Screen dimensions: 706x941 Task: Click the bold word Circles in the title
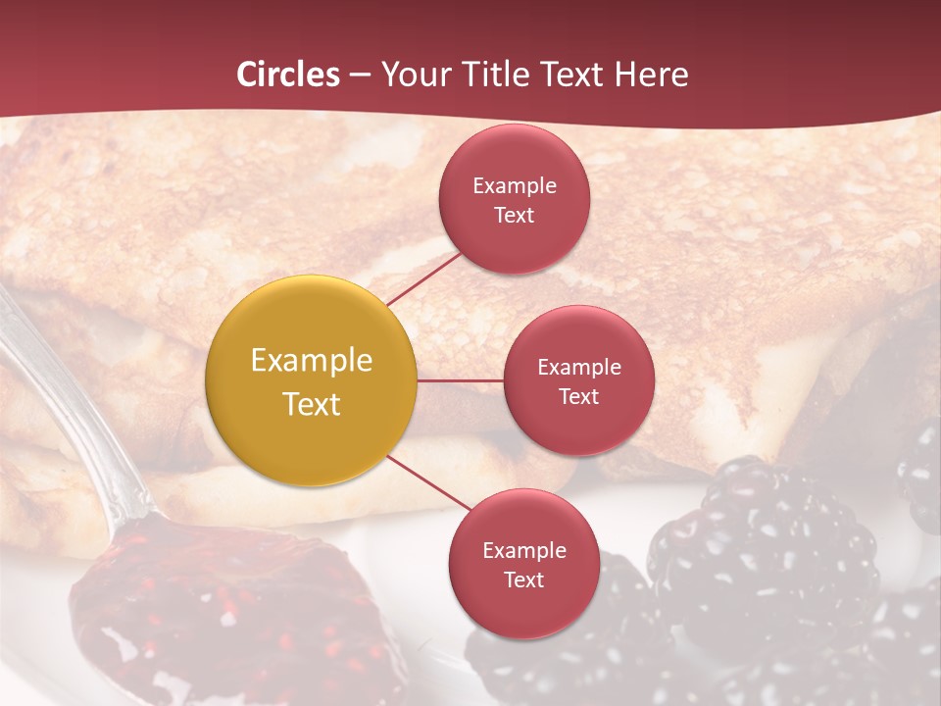[288, 75]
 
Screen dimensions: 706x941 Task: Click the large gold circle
[312, 381]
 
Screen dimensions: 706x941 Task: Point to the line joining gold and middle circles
[461, 380]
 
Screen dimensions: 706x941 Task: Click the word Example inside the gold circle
[312, 361]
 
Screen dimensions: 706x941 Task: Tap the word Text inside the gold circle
[312, 404]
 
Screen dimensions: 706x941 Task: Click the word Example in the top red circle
[515, 185]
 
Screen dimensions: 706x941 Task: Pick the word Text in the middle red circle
[579, 397]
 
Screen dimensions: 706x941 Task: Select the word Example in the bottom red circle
[524, 551]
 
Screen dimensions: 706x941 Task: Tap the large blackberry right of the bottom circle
[765, 549]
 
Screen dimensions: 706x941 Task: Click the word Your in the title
[412, 75]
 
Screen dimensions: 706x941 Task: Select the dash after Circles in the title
[360, 76]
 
